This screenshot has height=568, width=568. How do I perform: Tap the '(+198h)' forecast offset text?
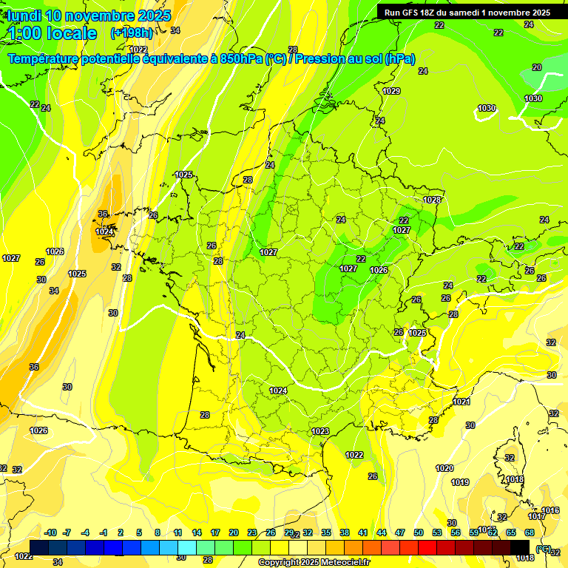pos(131,33)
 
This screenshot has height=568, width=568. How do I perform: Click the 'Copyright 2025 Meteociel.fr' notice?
pos(314,562)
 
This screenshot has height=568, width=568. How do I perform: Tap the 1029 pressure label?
pos(391,91)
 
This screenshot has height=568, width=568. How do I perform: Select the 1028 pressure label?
pos(432,200)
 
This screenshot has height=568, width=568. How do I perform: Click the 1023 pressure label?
pos(320,431)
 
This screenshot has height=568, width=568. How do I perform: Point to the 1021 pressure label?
pos(461,402)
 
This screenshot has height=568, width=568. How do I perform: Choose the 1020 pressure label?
pos(444,468)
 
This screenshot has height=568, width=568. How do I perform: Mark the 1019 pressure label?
pos(459,482)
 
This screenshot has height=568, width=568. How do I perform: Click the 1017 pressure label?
pos(537,516)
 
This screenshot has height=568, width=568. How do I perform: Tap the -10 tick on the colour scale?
pos(50,532)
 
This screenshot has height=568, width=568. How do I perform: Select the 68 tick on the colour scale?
pos(530,532)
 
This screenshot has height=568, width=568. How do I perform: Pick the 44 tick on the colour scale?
pos(382,532)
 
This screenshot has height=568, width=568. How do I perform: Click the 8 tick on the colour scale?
pos(158,532)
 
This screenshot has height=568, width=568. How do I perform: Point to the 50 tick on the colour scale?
pos(419,532)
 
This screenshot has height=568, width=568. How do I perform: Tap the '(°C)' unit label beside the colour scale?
pos(544,549)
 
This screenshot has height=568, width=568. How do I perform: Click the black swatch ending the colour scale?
pos(520,547)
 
